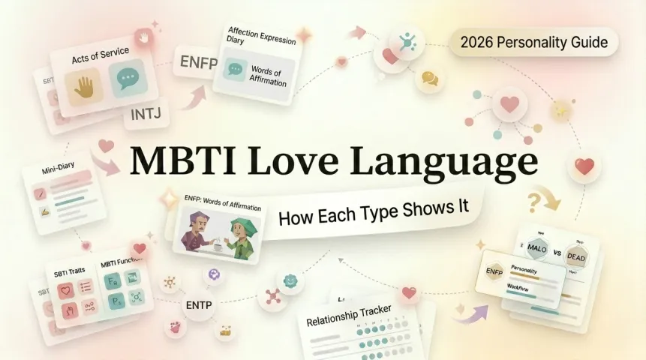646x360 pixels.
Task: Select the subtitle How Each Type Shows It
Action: click(x=374, y=211)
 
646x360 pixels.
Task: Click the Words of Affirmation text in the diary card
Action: click(x=268, y=76)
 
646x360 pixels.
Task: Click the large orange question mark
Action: click(x=535, y=201)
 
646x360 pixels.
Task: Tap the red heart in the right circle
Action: click(x=583, y=166)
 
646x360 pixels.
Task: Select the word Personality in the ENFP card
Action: click(x=530, y=268)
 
